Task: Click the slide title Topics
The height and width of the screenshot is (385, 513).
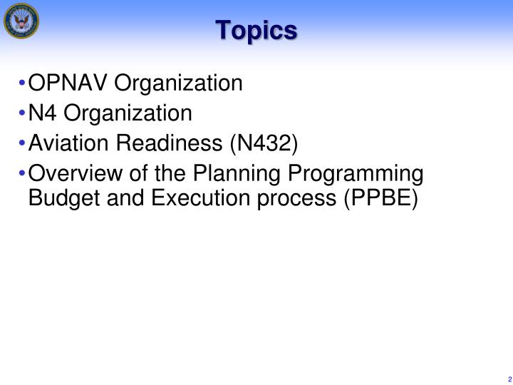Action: [256, 30]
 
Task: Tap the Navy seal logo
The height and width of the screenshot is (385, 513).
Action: [21, 21]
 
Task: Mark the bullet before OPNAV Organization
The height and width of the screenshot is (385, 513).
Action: [25, 85]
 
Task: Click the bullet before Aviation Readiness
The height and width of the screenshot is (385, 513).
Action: [25, 144]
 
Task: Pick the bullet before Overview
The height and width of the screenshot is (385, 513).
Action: [25, 174]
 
